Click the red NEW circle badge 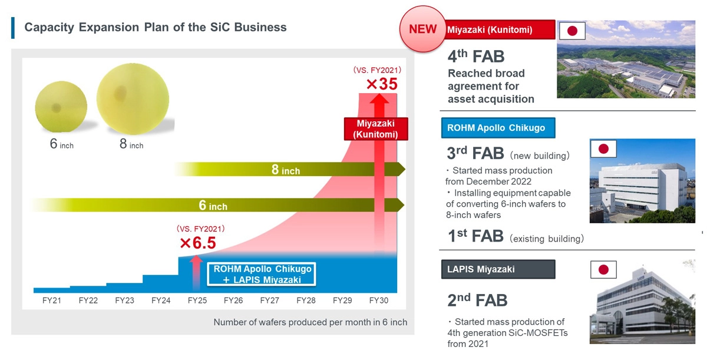click(423, 29)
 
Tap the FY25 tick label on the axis click(197, 300)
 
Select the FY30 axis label click(379, 300)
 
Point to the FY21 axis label click(52, 300)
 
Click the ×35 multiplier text click(382, 84)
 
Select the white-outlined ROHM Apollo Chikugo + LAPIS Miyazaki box click(262, 274)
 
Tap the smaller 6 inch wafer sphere click(57, 107)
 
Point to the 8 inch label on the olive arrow click(286, 170)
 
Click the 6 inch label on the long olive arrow click(213, 206)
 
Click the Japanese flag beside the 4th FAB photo click(572, 31)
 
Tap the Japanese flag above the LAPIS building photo click(603, 270)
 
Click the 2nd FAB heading click(477, 300)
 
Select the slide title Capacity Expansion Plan click(156, 27)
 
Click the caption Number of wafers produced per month click(310, 322)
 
